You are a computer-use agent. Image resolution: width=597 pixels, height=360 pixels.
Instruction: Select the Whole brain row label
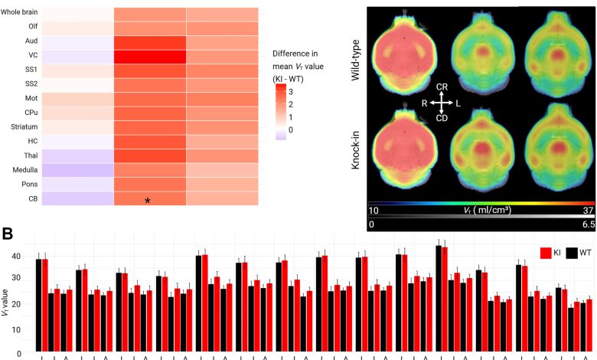pos(21,13)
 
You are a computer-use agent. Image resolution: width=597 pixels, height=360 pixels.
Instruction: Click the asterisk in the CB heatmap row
pos(148,201)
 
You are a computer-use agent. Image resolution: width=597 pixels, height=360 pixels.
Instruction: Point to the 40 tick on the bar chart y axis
pos(25,256)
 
